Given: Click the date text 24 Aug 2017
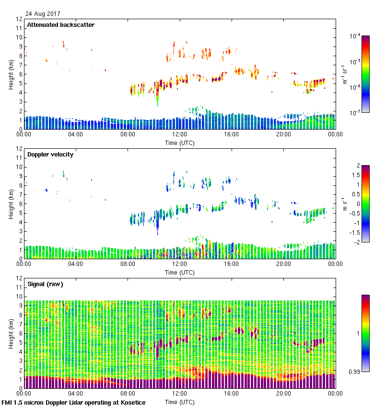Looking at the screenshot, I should pos(42,13).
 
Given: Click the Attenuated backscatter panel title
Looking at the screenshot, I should pos(60,24).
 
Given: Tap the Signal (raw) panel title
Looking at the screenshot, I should pos(45,284).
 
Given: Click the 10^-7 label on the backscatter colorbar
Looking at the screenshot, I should pos(355,113).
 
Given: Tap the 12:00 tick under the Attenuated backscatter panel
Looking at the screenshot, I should pos(180,135).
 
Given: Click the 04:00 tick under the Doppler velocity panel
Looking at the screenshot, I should pos(76,264).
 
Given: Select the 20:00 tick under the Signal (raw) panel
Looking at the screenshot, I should pos(283,394).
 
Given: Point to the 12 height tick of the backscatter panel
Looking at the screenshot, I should pos(20,19).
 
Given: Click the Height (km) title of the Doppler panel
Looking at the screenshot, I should pos(11,204).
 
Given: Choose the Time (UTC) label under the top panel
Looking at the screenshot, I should pos(180,143).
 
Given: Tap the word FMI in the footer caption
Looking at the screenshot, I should pos(7,402).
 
